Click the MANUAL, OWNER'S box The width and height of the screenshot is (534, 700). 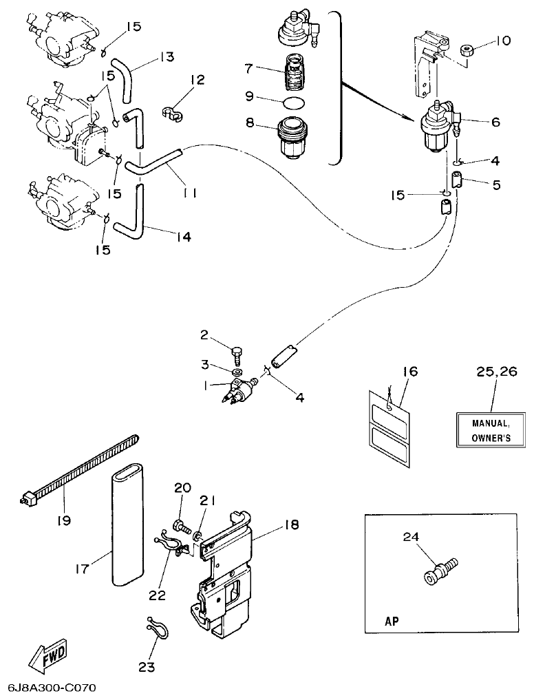click(490, 432)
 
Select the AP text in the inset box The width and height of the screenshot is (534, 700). click(391, 619)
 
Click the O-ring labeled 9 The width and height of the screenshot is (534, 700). click(295, 103)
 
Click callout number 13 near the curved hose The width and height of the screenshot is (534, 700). click(167, 56)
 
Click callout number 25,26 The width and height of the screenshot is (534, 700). click(495, 372)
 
